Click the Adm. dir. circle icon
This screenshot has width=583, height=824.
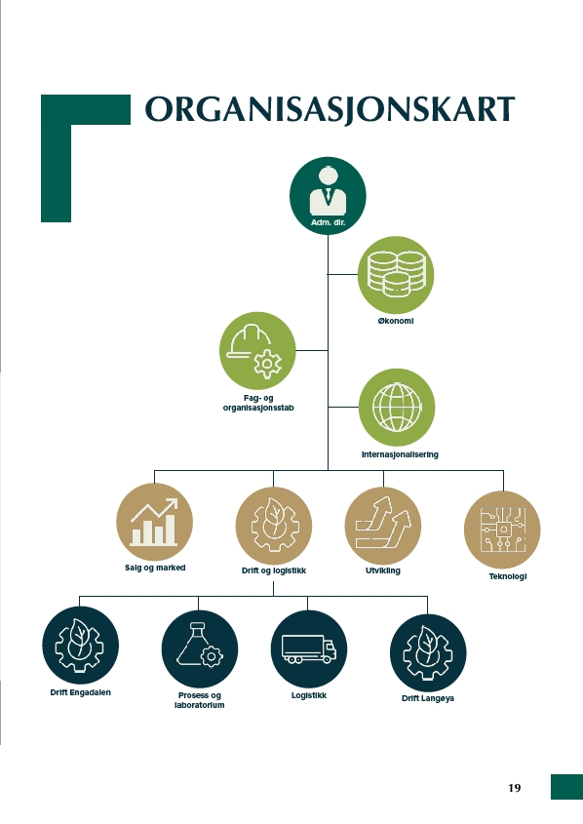328,195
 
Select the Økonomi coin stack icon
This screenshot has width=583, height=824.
396,274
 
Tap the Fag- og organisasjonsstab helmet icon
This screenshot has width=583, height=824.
257,350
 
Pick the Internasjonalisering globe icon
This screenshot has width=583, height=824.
397,408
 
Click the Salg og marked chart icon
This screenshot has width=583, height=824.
154,522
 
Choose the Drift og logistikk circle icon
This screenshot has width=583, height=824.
274,525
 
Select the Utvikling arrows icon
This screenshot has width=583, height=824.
383,525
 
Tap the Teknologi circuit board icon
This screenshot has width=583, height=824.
503,530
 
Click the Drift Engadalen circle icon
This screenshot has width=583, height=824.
80,645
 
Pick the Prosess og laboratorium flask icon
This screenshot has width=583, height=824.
200,648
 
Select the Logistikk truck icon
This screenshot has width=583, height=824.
309,648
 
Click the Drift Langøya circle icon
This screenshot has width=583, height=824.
428,652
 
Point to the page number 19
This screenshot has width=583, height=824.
514,788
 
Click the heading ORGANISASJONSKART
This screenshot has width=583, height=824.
330,110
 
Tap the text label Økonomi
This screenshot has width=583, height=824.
396,321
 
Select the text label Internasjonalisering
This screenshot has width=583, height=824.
400,454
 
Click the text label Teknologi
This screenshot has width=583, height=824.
508,576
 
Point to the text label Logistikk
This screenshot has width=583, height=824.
309,695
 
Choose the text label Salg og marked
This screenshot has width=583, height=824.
155,568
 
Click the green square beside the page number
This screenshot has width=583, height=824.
566,787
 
